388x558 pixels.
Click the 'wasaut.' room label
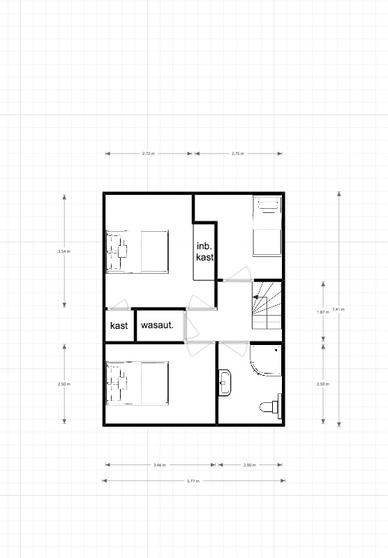(x=157, y=325)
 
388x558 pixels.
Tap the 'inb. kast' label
(x=204, y=251)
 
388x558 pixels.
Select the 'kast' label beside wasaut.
(x=119, y=325)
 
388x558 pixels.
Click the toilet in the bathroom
(x=271, y=406)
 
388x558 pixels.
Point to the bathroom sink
(x=225, y=383)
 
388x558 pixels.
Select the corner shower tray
(x=266, y=360)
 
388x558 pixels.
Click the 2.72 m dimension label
(x=149, y=154)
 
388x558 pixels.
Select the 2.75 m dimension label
(x=238, y=154)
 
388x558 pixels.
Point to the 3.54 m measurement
(x=64, y=251)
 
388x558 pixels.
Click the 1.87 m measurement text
(x=323, y=312)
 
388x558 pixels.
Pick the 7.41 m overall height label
(x=338, y=309)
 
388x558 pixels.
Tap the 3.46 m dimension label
(x=159, y=464)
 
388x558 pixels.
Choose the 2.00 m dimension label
(x=250, y=464)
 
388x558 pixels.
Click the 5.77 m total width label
(x=193, y=481)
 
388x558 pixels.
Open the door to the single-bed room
(x=238, y=274)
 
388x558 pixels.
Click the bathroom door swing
(x=233, y=348)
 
